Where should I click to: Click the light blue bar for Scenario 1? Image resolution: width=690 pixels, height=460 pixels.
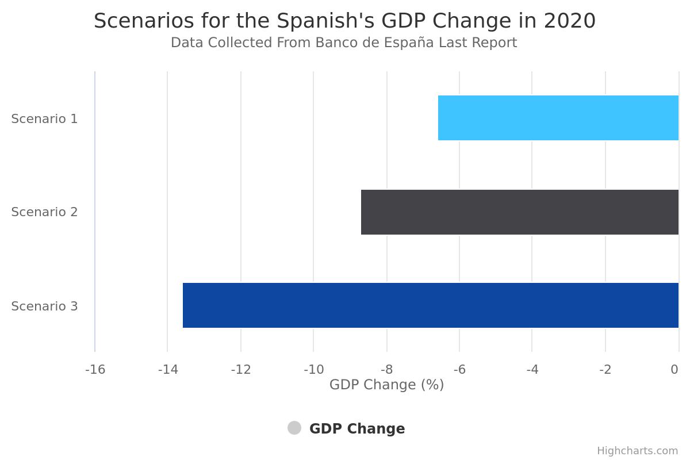pos(558,118)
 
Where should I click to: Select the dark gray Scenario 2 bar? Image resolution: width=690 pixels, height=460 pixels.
pos(519,212)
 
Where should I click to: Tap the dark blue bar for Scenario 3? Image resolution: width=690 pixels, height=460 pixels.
pos(430,305)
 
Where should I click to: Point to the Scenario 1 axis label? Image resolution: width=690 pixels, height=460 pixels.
pos(44,119)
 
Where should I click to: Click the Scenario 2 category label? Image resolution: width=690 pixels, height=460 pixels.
pos(44,212)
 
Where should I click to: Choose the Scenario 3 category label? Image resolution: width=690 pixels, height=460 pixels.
pos(44,306)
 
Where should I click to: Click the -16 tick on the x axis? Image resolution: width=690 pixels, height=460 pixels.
pos(95,370)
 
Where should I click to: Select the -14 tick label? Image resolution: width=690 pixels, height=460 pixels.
pos(168,370)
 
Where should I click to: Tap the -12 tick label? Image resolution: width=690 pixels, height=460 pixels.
pos(241,370)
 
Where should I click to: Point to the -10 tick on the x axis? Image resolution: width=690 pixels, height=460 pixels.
pos(314,370)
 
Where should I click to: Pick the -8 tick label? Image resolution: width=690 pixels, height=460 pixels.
pos(386,370)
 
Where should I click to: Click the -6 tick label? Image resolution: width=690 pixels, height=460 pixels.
pos(459,370)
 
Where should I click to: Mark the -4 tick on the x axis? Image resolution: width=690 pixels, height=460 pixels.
pos(532,370)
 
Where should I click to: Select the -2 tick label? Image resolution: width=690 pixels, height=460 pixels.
pos(605,370)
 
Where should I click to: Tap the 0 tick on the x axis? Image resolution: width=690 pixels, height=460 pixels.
pos(674,370)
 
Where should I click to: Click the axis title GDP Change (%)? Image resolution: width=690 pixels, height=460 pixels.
pos(386,385)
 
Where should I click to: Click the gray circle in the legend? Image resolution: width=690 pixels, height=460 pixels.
pos(294,428)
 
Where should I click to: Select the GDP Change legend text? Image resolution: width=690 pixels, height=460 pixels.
pos(357,429)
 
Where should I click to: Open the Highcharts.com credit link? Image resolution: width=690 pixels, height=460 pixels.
pos(637,451)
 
